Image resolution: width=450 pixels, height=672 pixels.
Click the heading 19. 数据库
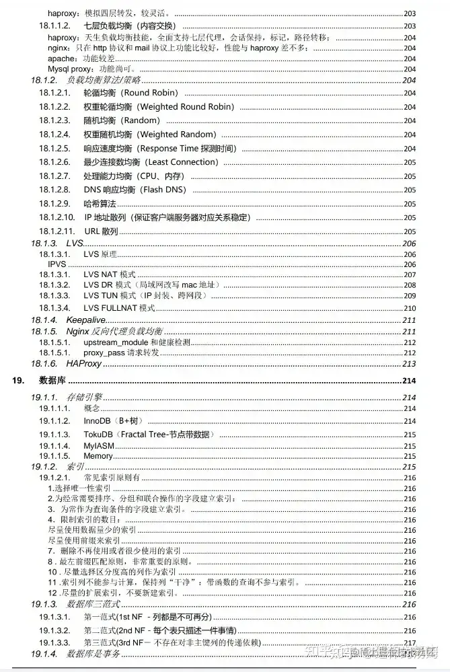coord(52,381)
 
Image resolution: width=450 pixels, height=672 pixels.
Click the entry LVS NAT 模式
coord(110,274)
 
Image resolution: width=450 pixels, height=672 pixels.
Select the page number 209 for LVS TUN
coord(409,296)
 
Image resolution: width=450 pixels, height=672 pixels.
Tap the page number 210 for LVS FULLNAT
coord(409,308)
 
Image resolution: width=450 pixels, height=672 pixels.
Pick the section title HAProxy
coord(83,364)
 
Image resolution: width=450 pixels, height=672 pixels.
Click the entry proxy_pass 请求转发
coord(121,352)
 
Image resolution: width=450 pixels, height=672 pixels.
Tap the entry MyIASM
coord(99,446)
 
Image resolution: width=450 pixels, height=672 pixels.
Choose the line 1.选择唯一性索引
coord(79,488)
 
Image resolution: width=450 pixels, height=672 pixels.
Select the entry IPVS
coord(57,264)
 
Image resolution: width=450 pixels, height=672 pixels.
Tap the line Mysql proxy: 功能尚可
coord(91,69)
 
